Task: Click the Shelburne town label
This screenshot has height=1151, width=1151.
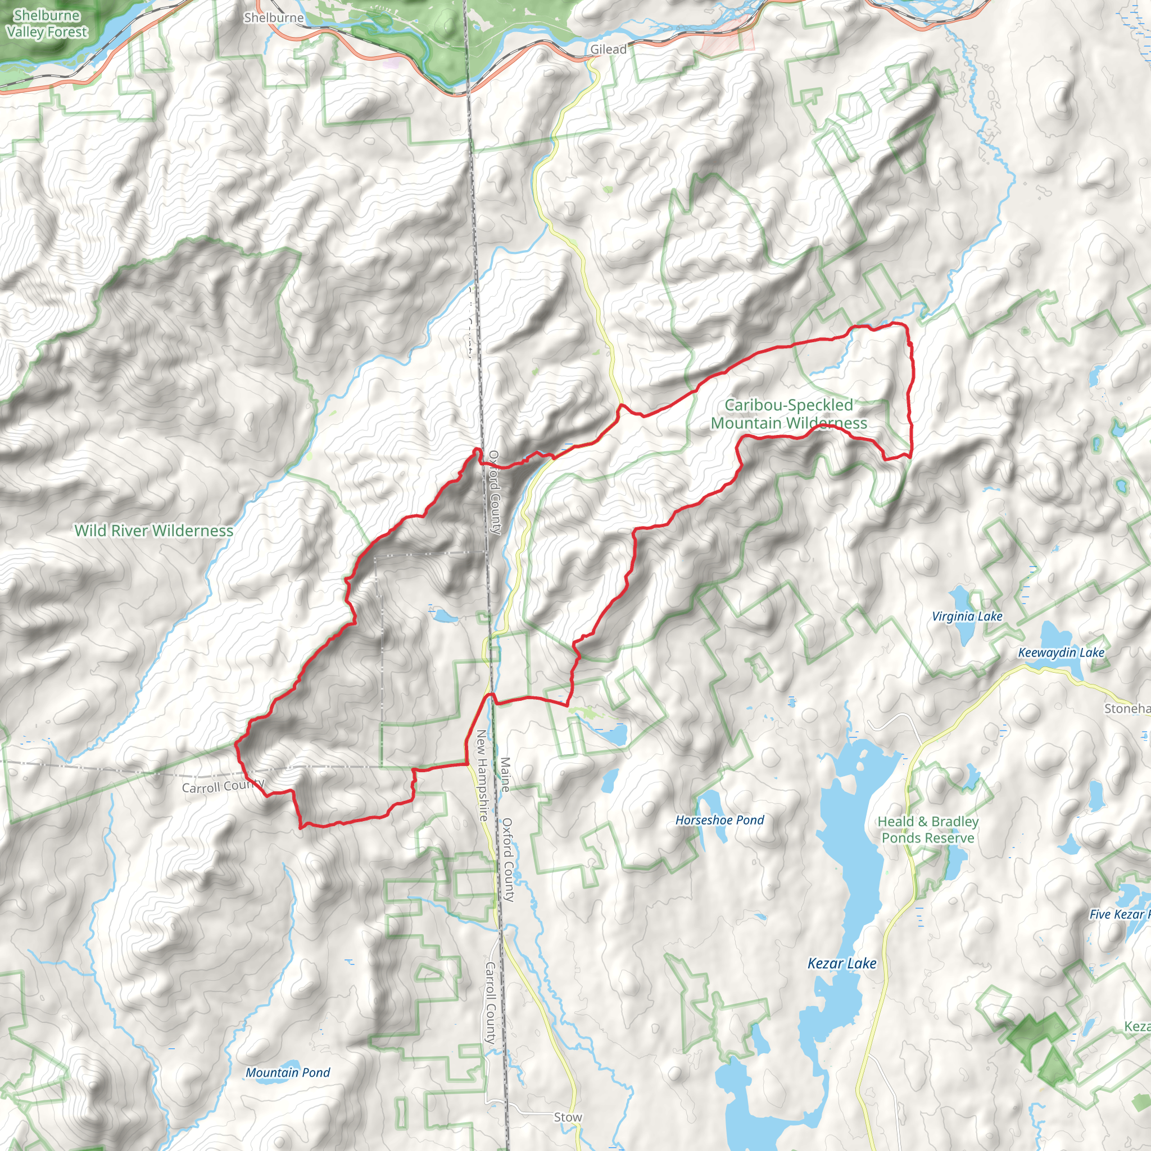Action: pyautogui.click(x=274, y=18)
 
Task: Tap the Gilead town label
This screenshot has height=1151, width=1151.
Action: pyautogui.click(x=608, y=49)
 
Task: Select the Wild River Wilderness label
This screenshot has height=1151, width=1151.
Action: pyautogui.click(x=153, y=530)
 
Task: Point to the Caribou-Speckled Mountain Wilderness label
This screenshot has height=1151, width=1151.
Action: pyautogui.click(x=789, y=414)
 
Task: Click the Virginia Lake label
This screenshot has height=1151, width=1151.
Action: pyautogui.click(x=967, y=617)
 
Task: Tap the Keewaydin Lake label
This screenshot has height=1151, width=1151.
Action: pyautogui.click(x=1061, y=652)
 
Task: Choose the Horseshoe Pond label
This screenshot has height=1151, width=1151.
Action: pyautogui.click(x=720, y=820)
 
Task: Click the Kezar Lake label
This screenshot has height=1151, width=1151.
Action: pyautogui.click(x=842, y=963)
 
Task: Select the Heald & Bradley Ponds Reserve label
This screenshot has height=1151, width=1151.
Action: pyautogui.click(x=927, y=830)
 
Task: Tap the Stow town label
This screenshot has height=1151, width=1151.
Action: pyautogui.click(x=568, y=1117)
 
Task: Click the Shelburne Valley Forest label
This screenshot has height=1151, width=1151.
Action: pyautogui.click(x=47, y=24)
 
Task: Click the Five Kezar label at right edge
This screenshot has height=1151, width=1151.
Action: pyautogui.click(x=1119, y=914)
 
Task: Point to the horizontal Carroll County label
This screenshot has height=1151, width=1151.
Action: pyautogui.click(x=222, y=786)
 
